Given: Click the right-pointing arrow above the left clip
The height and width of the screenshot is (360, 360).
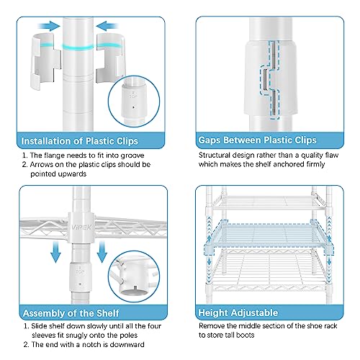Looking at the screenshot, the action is [49, 26].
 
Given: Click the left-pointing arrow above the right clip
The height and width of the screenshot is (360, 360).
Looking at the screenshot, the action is [107, 26].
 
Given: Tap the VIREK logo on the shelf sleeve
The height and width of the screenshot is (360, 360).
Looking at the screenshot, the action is [81, 227].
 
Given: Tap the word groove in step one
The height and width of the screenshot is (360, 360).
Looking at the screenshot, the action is [132, 156].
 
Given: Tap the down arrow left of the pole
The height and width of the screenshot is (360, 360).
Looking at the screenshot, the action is [56, 252].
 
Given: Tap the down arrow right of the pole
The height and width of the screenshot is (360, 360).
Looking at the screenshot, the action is [102, 252].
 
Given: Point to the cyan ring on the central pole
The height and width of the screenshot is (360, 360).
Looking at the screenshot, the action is [78, 47].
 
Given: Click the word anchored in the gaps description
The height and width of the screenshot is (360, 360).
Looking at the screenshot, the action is [289, 164].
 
